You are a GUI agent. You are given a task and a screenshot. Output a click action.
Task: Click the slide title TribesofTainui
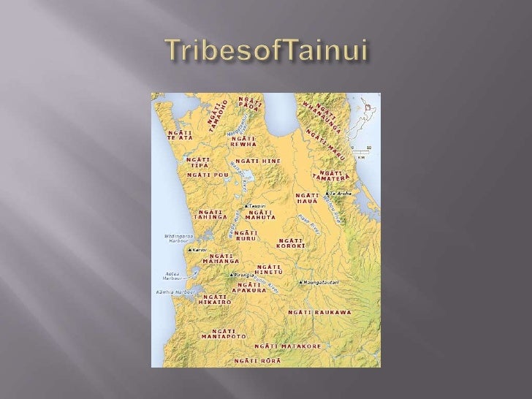(x=265, y=50)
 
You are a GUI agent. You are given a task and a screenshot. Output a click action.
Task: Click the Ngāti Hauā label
(x=307, y=198)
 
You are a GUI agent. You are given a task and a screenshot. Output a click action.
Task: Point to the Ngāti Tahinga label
(x=209, y=214)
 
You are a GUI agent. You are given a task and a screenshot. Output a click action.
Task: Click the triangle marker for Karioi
(x=190, y=250)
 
